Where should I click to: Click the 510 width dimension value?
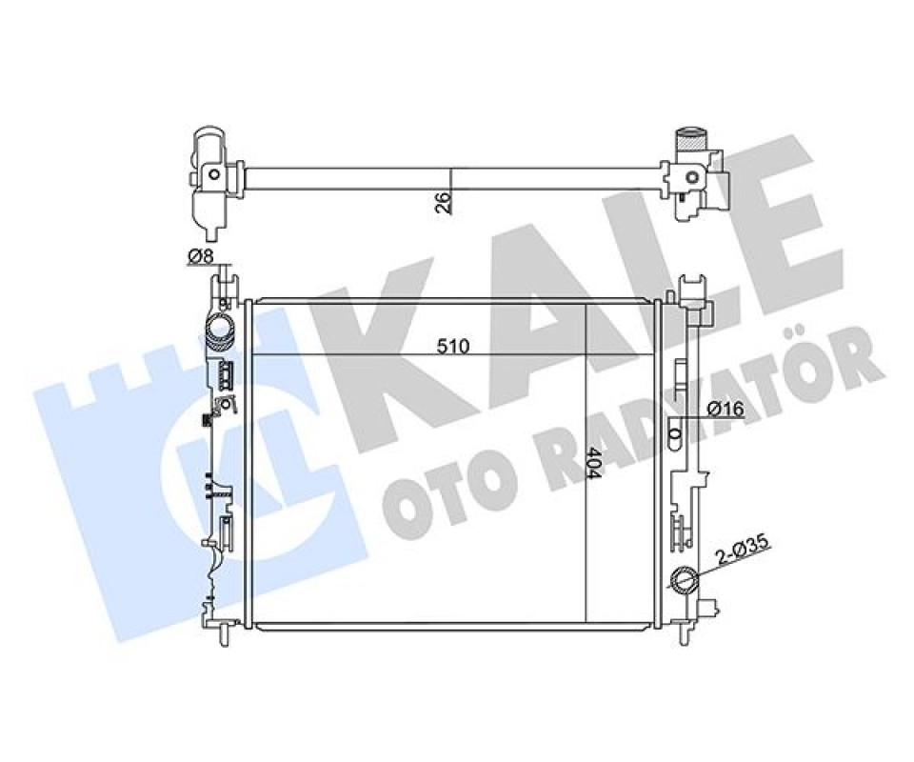click(453, 347)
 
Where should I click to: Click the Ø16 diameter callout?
click(725, 410)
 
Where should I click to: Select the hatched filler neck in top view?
click(691, 141)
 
